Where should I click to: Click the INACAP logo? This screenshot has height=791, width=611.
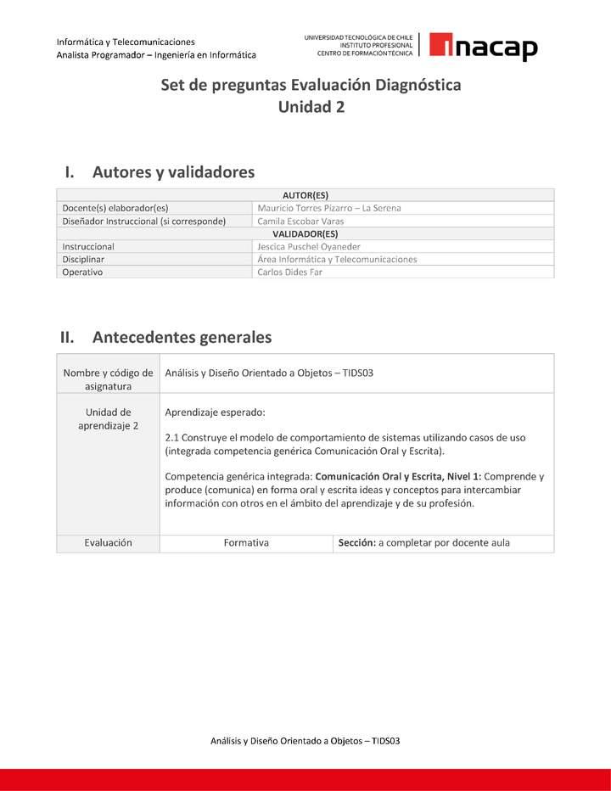pyautogui.click(x=483, y=47)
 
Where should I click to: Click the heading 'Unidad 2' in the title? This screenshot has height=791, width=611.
pyautogui.click(x=311, y=107)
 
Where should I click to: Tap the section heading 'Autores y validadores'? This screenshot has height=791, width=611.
pyautogui.click(x=173, y=172)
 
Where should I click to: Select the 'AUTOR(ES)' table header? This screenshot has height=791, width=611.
pyautogui.click(x=305, y=195)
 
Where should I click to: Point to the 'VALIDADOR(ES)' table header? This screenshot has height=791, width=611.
pyautogui.click(x=305, y=233)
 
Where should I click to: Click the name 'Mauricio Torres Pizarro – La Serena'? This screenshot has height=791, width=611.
pyautogui.click(x=329, y=208)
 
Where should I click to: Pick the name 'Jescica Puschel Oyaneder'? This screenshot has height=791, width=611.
pyautogui.click(x=309, y=246)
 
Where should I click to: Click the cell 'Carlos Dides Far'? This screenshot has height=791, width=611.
pyautogui.click(x=290, y=272)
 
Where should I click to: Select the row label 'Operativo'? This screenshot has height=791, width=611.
pyautogui.click(x=82, y=272)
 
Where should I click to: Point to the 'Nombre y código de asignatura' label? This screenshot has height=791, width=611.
pyautogui.click(x=108, y=379)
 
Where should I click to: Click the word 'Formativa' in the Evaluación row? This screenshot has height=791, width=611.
pyautogui.click(x=246, y=542)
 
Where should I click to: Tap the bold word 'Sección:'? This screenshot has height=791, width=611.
pyautogui.click(x=357, y=542)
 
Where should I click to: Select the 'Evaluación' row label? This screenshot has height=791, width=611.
pyautogui.click(x=108, y=542)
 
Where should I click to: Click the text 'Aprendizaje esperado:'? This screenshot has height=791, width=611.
pyautogui.click(x=215, y=412)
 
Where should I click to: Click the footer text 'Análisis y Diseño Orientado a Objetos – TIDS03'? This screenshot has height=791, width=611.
pyautogui.click(x=305, y=741)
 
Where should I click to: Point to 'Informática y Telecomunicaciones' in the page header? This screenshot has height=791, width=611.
pyautogui.click(x=126, y=42)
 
